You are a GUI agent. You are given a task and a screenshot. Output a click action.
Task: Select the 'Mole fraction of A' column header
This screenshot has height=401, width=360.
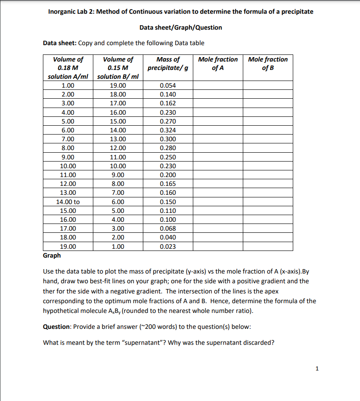218,63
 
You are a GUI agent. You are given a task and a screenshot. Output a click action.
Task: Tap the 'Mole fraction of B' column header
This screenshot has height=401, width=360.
268,63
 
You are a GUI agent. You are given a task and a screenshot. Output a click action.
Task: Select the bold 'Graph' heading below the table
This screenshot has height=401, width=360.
52,255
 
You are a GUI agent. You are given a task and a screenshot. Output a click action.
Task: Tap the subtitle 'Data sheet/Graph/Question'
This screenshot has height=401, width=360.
180,27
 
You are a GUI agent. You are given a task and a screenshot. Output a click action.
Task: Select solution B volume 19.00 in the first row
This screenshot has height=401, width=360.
118,85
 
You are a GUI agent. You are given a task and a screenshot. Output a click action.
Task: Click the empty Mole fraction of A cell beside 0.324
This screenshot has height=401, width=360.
218,130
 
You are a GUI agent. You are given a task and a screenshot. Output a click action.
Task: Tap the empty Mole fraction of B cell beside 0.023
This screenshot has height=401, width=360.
268,247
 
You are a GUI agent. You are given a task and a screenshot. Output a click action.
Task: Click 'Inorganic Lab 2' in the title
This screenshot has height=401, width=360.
69,12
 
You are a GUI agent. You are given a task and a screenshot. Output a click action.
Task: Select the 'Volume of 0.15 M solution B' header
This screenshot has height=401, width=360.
118,68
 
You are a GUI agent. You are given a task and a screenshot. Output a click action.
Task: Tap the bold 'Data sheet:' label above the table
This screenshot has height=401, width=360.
60,43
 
